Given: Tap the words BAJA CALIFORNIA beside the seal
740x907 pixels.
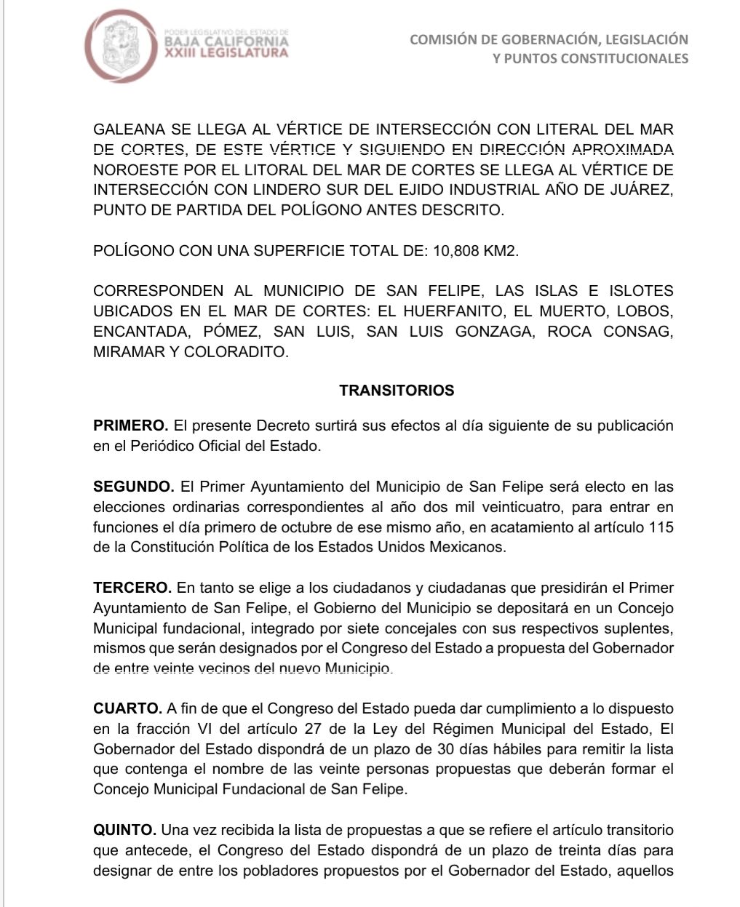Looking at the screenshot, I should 227,41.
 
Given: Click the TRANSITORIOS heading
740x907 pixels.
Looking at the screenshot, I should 397,391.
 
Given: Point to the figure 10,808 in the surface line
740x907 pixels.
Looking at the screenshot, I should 456,252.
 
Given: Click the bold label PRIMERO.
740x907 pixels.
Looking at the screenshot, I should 131,425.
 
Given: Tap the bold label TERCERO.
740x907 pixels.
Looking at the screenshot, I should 132,588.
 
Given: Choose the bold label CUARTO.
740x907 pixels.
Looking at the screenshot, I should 128,708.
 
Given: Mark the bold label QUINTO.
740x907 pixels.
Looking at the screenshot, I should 124,830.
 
